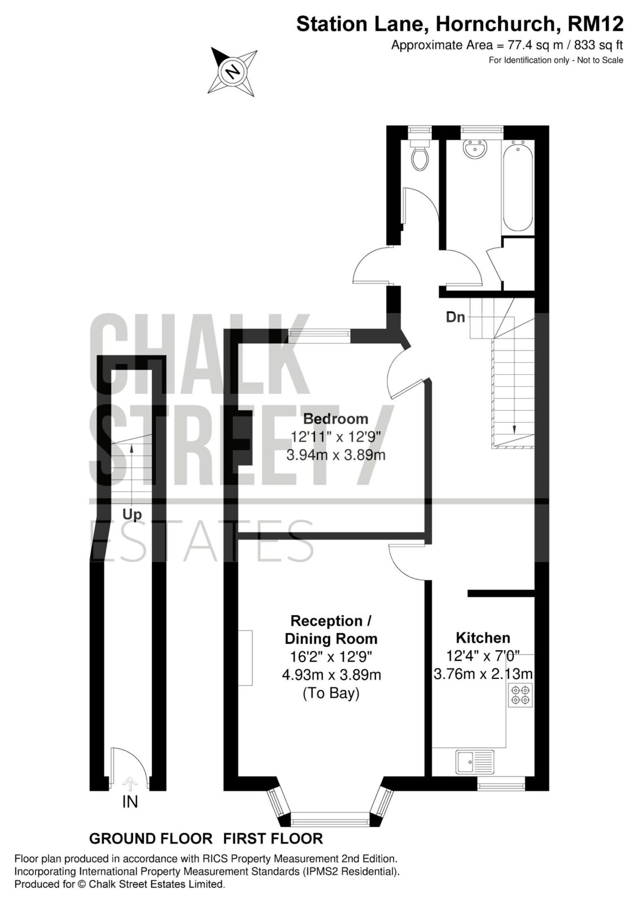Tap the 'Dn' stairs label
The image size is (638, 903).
point(455,317)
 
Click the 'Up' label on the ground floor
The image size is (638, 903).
point(132,515)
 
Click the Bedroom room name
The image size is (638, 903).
point(335,419)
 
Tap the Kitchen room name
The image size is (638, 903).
point(483,638)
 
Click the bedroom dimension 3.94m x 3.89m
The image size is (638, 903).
point(336,455)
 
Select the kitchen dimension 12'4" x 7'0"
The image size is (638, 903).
point(483,655)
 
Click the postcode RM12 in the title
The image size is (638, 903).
point(596,24)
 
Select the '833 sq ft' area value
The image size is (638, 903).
point(598,45)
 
